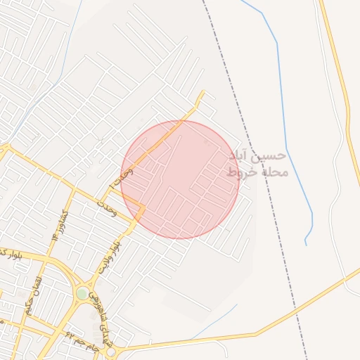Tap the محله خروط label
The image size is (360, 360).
click(x=258, y=172)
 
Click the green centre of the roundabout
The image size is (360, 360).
click(x=83, y=293)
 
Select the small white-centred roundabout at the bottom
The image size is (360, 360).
click(x=110, y=351)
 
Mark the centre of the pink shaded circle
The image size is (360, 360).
click(x=180, y=179)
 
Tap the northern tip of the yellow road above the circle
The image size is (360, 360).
click(x=203, y=91)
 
